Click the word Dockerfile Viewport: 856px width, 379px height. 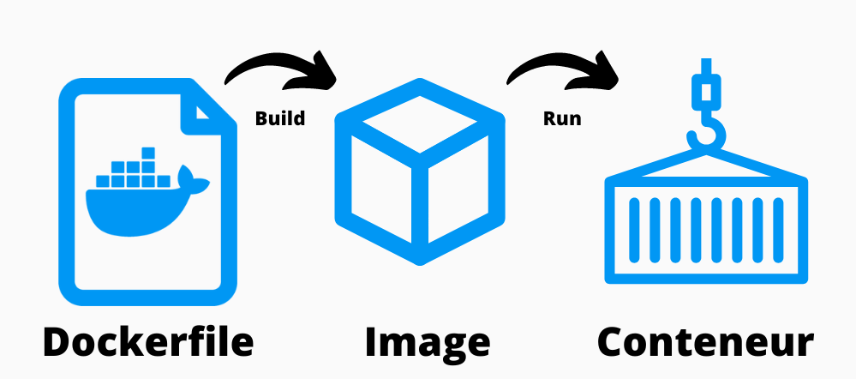[148, 342]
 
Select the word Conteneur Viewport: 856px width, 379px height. [705, 342]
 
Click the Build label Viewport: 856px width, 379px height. [280, 118]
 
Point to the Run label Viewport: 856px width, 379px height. [562, 118]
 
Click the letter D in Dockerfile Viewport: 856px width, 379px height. [59, 342]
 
